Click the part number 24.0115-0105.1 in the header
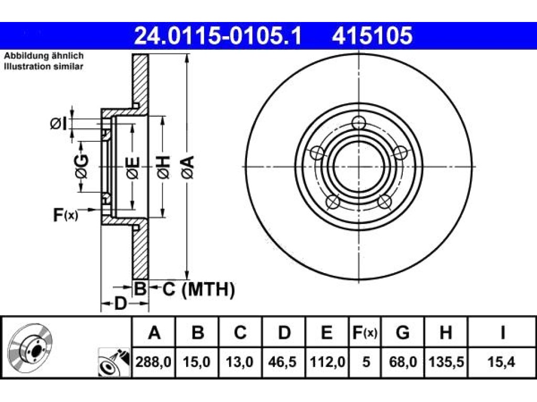(x=218, y=36)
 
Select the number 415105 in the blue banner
(x=372, y=36)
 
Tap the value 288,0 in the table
(x=154, y=362)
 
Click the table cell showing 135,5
(x=446, y=362)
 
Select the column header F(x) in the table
(x=365, y=332)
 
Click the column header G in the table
(x=402, y=332)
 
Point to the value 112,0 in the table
(x=327, y=362)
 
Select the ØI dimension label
(x=58, y=124)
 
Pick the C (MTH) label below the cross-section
(x=198, y=289)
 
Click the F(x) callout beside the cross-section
(x=66, y=215)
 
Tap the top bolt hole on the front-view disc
(x=359, y=122)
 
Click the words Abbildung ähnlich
(x=44, y=55)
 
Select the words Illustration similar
(x=44, y=66)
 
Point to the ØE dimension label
(x=133, y=167)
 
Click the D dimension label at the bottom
(x=120, y=304)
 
